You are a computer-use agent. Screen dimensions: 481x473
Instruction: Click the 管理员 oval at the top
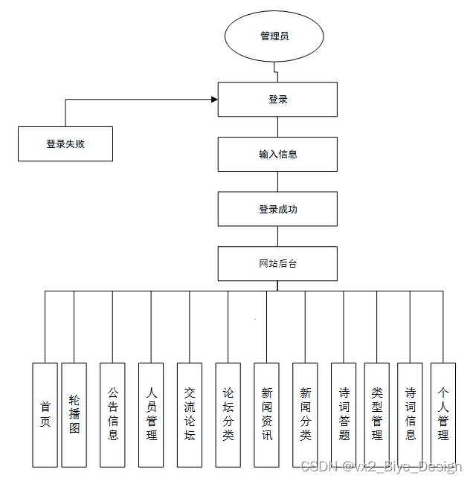pyautogui.click(x=274, y=36)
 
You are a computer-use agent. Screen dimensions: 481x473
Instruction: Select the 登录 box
pyautogui.click(x=277, y=99)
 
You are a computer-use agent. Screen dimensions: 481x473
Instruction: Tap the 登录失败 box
pyautogui.click(x=65, y=143)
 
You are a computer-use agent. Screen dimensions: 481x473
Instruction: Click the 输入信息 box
pyautogui.click(x=277, y=154)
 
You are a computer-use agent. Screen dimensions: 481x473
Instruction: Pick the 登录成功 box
pyautogui.click(x=277, y=209)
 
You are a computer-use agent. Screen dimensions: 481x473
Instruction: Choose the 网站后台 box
pyautogui.click(x=277, y=264)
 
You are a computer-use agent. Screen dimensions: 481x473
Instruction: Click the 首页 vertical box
pyautogui.click(x=45, y=414)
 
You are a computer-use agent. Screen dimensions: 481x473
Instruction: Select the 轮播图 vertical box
pyautogui.click(x=74, y=414)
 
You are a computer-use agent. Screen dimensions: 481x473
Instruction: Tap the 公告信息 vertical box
pyautogui.click(x=112, y=414)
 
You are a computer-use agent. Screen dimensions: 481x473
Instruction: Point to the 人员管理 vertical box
pyautogui.click(x=151, y=414)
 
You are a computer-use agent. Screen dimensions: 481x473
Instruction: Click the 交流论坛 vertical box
pyautogui.click(x=190, y=414)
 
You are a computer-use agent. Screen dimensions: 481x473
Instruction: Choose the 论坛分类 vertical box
pyautogui.click(x=228, y=414)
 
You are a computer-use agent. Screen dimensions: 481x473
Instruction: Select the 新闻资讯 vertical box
pyautogui.click(x=266, y=414)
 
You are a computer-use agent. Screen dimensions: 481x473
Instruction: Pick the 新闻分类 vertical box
pyautogui.click(x=305, y=414)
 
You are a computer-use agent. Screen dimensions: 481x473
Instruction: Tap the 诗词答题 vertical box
pyautogui.click(x=344, y=414)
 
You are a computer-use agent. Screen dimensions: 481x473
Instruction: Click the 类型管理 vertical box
pyautogui.click(x=376, y=414)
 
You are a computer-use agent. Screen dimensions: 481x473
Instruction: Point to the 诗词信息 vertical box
pyautogui.click(x=410, y=414)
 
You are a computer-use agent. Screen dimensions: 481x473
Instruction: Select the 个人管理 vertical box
pyautogui.click(x=443, y=414)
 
